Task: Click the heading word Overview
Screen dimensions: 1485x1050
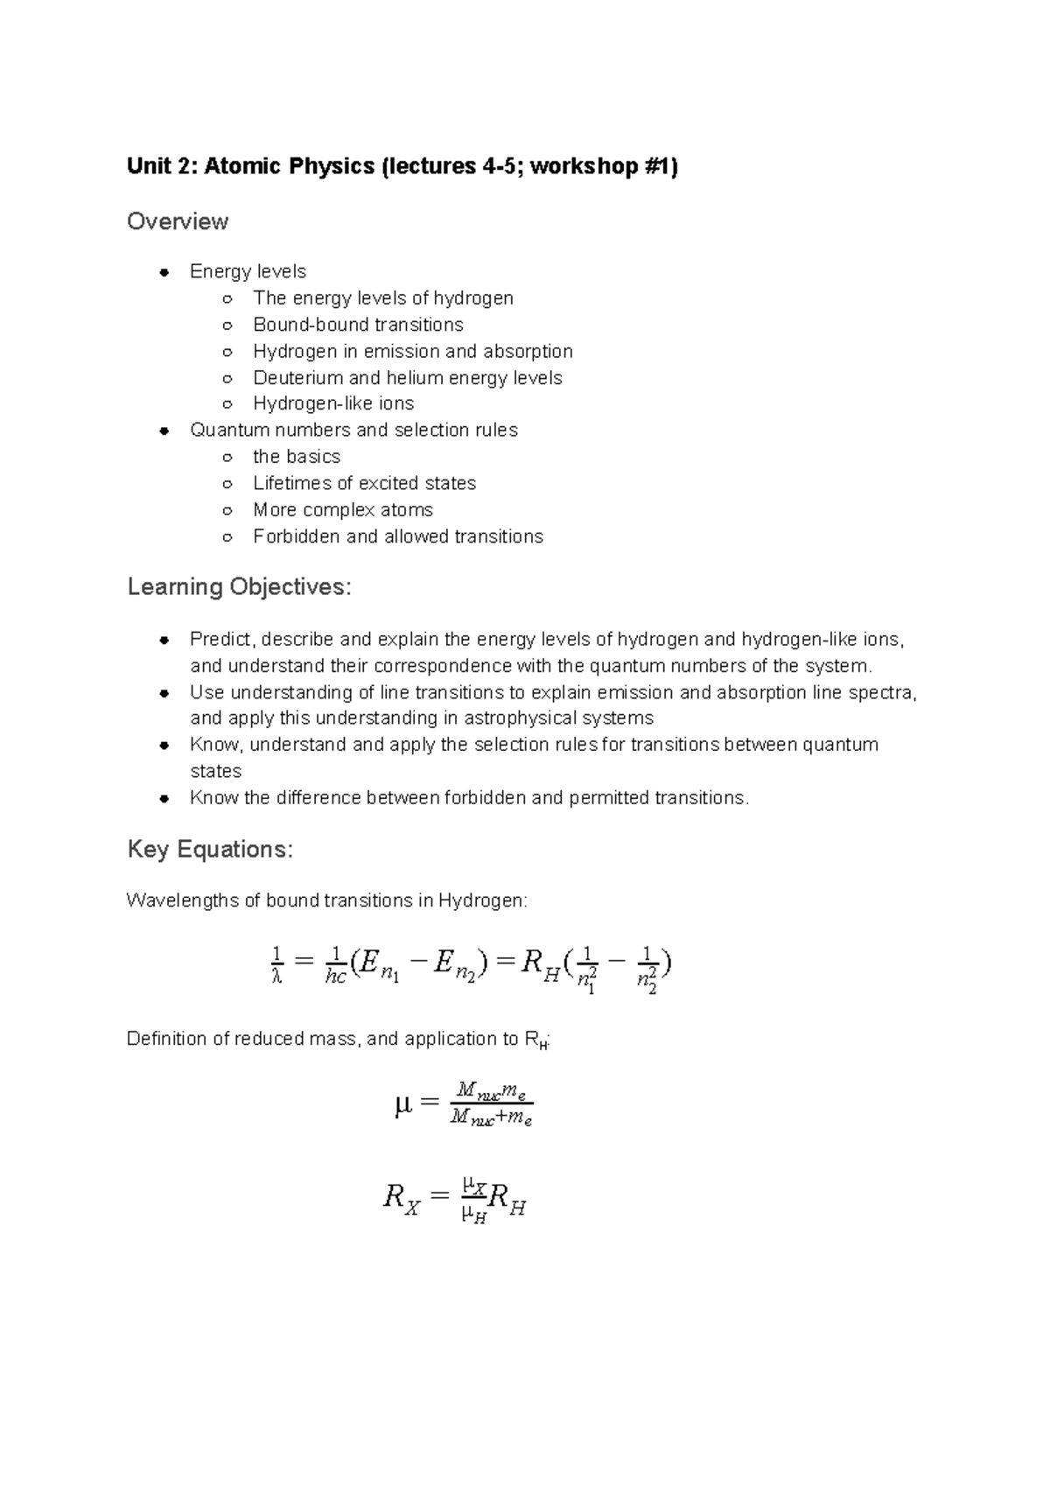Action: click(x=178, y=221)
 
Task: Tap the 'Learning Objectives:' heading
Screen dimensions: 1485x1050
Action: click(x=239, y=586)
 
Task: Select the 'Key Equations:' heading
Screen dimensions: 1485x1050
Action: click(x=210, y=849)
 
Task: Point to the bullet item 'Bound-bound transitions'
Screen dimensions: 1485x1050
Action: click(x=358, y=325)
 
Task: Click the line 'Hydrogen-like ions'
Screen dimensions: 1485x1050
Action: click(x=333, y=403)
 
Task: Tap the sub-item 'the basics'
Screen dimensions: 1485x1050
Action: click(x=297, y=457)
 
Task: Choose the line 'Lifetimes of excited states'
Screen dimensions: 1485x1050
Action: click(x=364, y=483)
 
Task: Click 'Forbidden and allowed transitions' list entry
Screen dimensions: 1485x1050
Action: click(x=398, y=536)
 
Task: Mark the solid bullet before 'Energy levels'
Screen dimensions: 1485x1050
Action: click(x=164, y=272)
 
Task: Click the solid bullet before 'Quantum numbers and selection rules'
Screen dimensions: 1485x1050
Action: click(x=164, y=431)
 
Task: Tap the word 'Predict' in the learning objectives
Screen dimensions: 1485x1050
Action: click(x=220, y=640)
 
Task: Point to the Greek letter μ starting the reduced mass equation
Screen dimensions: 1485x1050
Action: click(x=402, y=1106)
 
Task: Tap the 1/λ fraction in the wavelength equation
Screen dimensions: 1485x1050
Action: click(x=276, y=965)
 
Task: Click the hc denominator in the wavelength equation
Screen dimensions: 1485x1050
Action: click(x=336, y=977)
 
